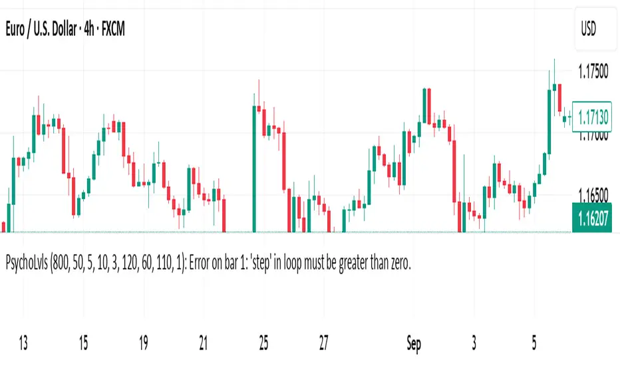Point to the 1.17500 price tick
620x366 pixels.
pyautogui.click(x=593, y=71)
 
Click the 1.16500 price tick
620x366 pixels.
pyautogui.click(x=593, y=196)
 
